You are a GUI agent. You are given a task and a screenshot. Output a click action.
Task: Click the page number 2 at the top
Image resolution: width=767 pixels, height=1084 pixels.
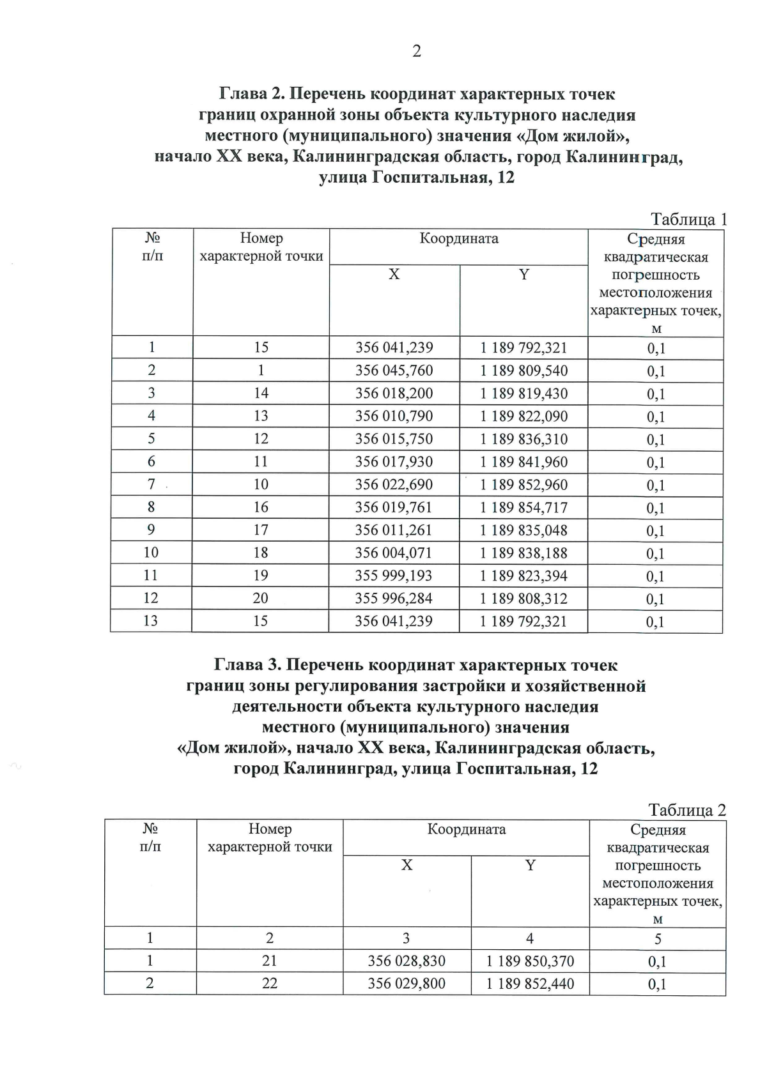tap(417, 51)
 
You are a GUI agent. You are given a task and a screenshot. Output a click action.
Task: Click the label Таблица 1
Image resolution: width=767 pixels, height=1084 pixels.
tap(688, 220)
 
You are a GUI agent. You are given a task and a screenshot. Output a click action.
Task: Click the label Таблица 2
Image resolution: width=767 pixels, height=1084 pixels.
tap(687, 810)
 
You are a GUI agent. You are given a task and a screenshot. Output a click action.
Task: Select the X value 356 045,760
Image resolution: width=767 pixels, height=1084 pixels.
tap(394, 370)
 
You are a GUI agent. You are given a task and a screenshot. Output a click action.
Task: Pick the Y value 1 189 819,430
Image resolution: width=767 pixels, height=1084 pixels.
tap(523, 393)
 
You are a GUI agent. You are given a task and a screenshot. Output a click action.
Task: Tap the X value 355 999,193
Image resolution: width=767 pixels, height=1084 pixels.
tap(394, 576)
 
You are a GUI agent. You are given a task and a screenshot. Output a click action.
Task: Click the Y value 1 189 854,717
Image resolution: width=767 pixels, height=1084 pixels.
tap(523, 507)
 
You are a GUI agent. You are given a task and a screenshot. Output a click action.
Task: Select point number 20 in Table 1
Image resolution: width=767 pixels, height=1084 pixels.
tap(260, 599)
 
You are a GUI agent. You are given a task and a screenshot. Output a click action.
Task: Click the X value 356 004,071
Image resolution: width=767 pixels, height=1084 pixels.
tap(394, 553)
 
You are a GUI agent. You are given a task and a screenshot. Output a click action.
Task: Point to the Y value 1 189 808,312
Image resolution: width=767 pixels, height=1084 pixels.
tap(523, 599)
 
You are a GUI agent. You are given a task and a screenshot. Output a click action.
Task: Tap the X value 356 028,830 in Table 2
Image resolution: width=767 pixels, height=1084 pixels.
tap(407, 961)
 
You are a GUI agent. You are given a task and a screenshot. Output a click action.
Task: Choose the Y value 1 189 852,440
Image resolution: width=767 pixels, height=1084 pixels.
tap(530, 984)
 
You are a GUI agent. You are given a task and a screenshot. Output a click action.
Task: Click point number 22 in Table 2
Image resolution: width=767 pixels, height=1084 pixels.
tap(270, 984)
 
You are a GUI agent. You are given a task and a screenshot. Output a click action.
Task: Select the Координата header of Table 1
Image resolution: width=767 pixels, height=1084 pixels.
tap(459, 239)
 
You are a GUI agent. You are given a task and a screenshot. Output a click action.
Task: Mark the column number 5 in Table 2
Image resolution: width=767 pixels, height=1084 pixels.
tap(658, 939)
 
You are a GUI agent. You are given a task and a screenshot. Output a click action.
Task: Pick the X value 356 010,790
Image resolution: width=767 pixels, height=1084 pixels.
tap(394, 416)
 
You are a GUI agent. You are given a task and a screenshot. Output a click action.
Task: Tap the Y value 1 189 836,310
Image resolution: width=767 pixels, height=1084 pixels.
tap(523, 439)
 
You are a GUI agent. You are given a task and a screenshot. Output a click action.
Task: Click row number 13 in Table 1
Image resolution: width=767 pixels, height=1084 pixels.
tap(151, 621)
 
